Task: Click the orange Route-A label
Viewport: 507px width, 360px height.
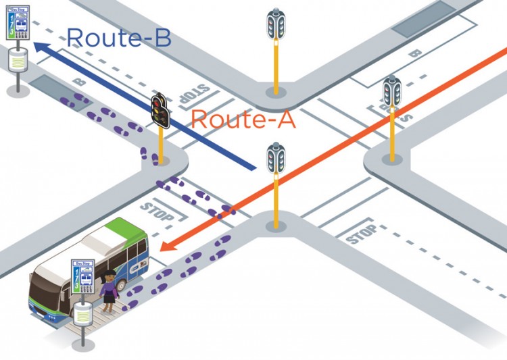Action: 243,120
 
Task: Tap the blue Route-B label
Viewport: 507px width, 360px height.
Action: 118,37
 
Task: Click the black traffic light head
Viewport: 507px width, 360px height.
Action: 160,109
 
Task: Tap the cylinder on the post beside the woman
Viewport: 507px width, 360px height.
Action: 82,313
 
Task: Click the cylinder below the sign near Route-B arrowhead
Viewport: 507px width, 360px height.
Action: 17,60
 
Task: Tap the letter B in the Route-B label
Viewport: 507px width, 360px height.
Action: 160,37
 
